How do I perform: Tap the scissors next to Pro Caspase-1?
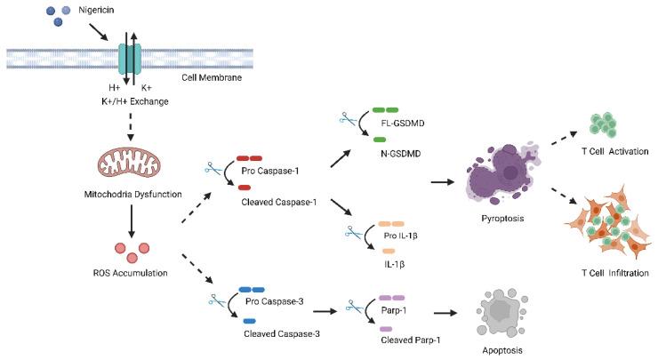point(213,166)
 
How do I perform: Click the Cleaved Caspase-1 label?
point(280,201)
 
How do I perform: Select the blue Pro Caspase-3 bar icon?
point(250,289)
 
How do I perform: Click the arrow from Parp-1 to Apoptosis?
point(453,312)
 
